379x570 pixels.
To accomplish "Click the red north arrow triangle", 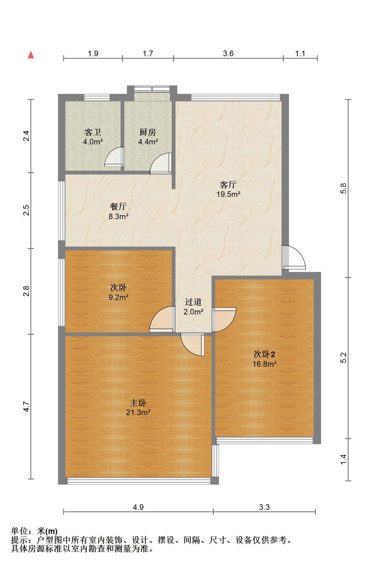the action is (31, 55).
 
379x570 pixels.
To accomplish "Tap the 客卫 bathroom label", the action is (93, 132).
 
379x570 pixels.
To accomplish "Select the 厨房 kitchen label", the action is (148, 132).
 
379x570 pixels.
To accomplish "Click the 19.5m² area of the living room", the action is (229, 194).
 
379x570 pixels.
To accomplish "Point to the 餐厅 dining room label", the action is (118, 206).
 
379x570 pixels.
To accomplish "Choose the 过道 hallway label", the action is (193, 302).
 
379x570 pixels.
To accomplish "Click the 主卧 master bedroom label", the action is (138, 403).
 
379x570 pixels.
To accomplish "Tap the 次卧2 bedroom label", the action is (264, 354).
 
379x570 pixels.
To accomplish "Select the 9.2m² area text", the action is (118, 297).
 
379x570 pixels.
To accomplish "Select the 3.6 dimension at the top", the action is (229, 53).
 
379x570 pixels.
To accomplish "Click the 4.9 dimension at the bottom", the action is (138, 507).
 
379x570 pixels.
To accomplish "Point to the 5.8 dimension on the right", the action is (344, 188).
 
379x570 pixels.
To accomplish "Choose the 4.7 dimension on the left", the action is (26, 406).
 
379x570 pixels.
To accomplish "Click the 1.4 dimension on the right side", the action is (344, 459).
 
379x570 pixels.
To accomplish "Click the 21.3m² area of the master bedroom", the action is (138, 412).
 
